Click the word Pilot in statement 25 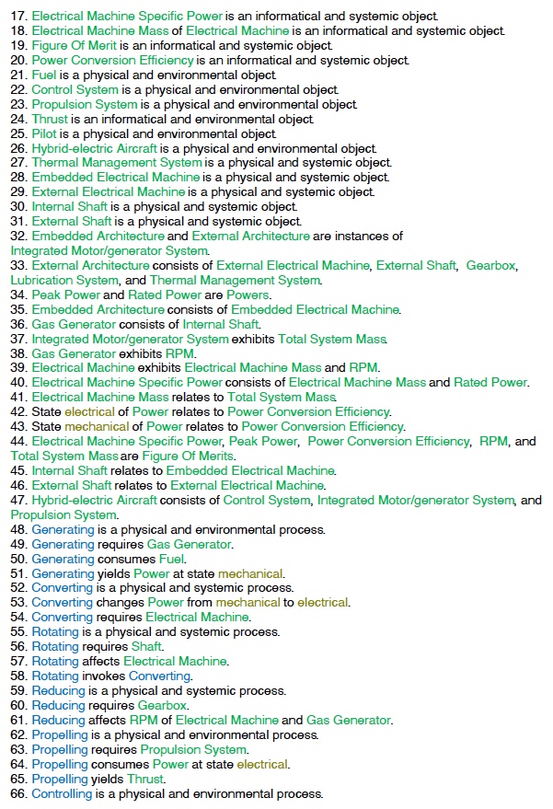[x=46, y=134]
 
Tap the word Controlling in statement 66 [x=61, y=794]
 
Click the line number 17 [x=19, y=17]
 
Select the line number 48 [x=19, y=530]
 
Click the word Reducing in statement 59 [x=58, y=691]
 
